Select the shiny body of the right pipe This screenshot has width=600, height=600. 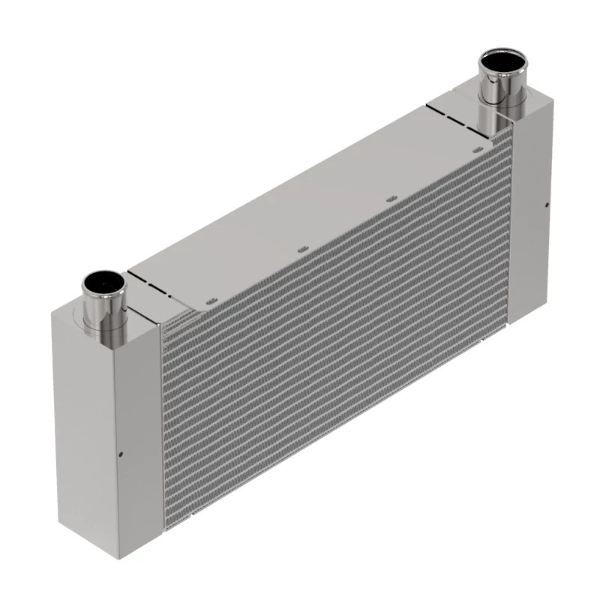(498, 94)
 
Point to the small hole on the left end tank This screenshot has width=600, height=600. (121, 453)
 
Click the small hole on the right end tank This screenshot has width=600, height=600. (547, 205)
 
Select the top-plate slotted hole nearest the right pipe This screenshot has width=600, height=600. (477, 150)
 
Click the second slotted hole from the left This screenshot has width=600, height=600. (301, 247)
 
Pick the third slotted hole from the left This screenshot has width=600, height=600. (389, 199)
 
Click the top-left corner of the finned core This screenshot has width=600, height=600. (162, 324)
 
